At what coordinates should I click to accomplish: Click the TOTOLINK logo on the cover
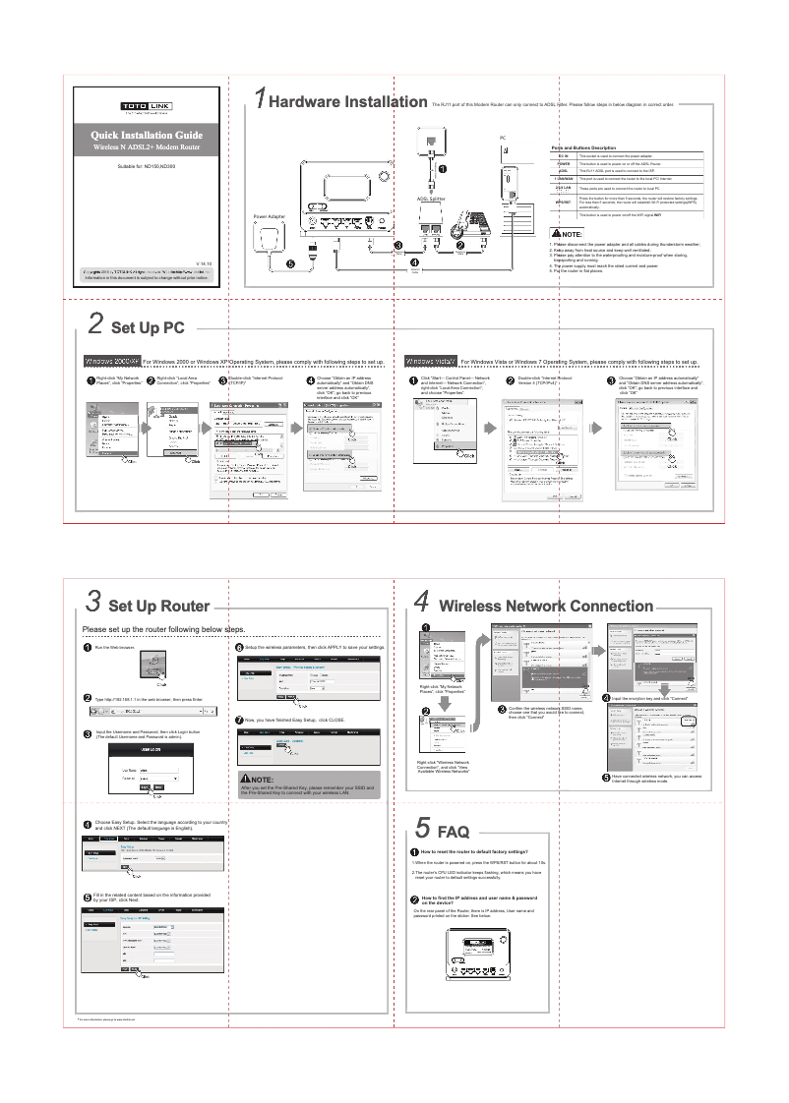coord(148,105)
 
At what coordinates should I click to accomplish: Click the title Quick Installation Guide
coord(148,135)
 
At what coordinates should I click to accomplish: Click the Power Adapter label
coord(269,216)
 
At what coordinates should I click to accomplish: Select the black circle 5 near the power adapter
coord(289,262)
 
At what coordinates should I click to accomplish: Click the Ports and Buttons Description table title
coord(590,147)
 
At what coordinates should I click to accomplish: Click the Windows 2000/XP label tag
coord(113,362)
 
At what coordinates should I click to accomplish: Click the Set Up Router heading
coord(158,606)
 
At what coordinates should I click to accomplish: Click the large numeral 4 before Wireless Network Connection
coord(421,601)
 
